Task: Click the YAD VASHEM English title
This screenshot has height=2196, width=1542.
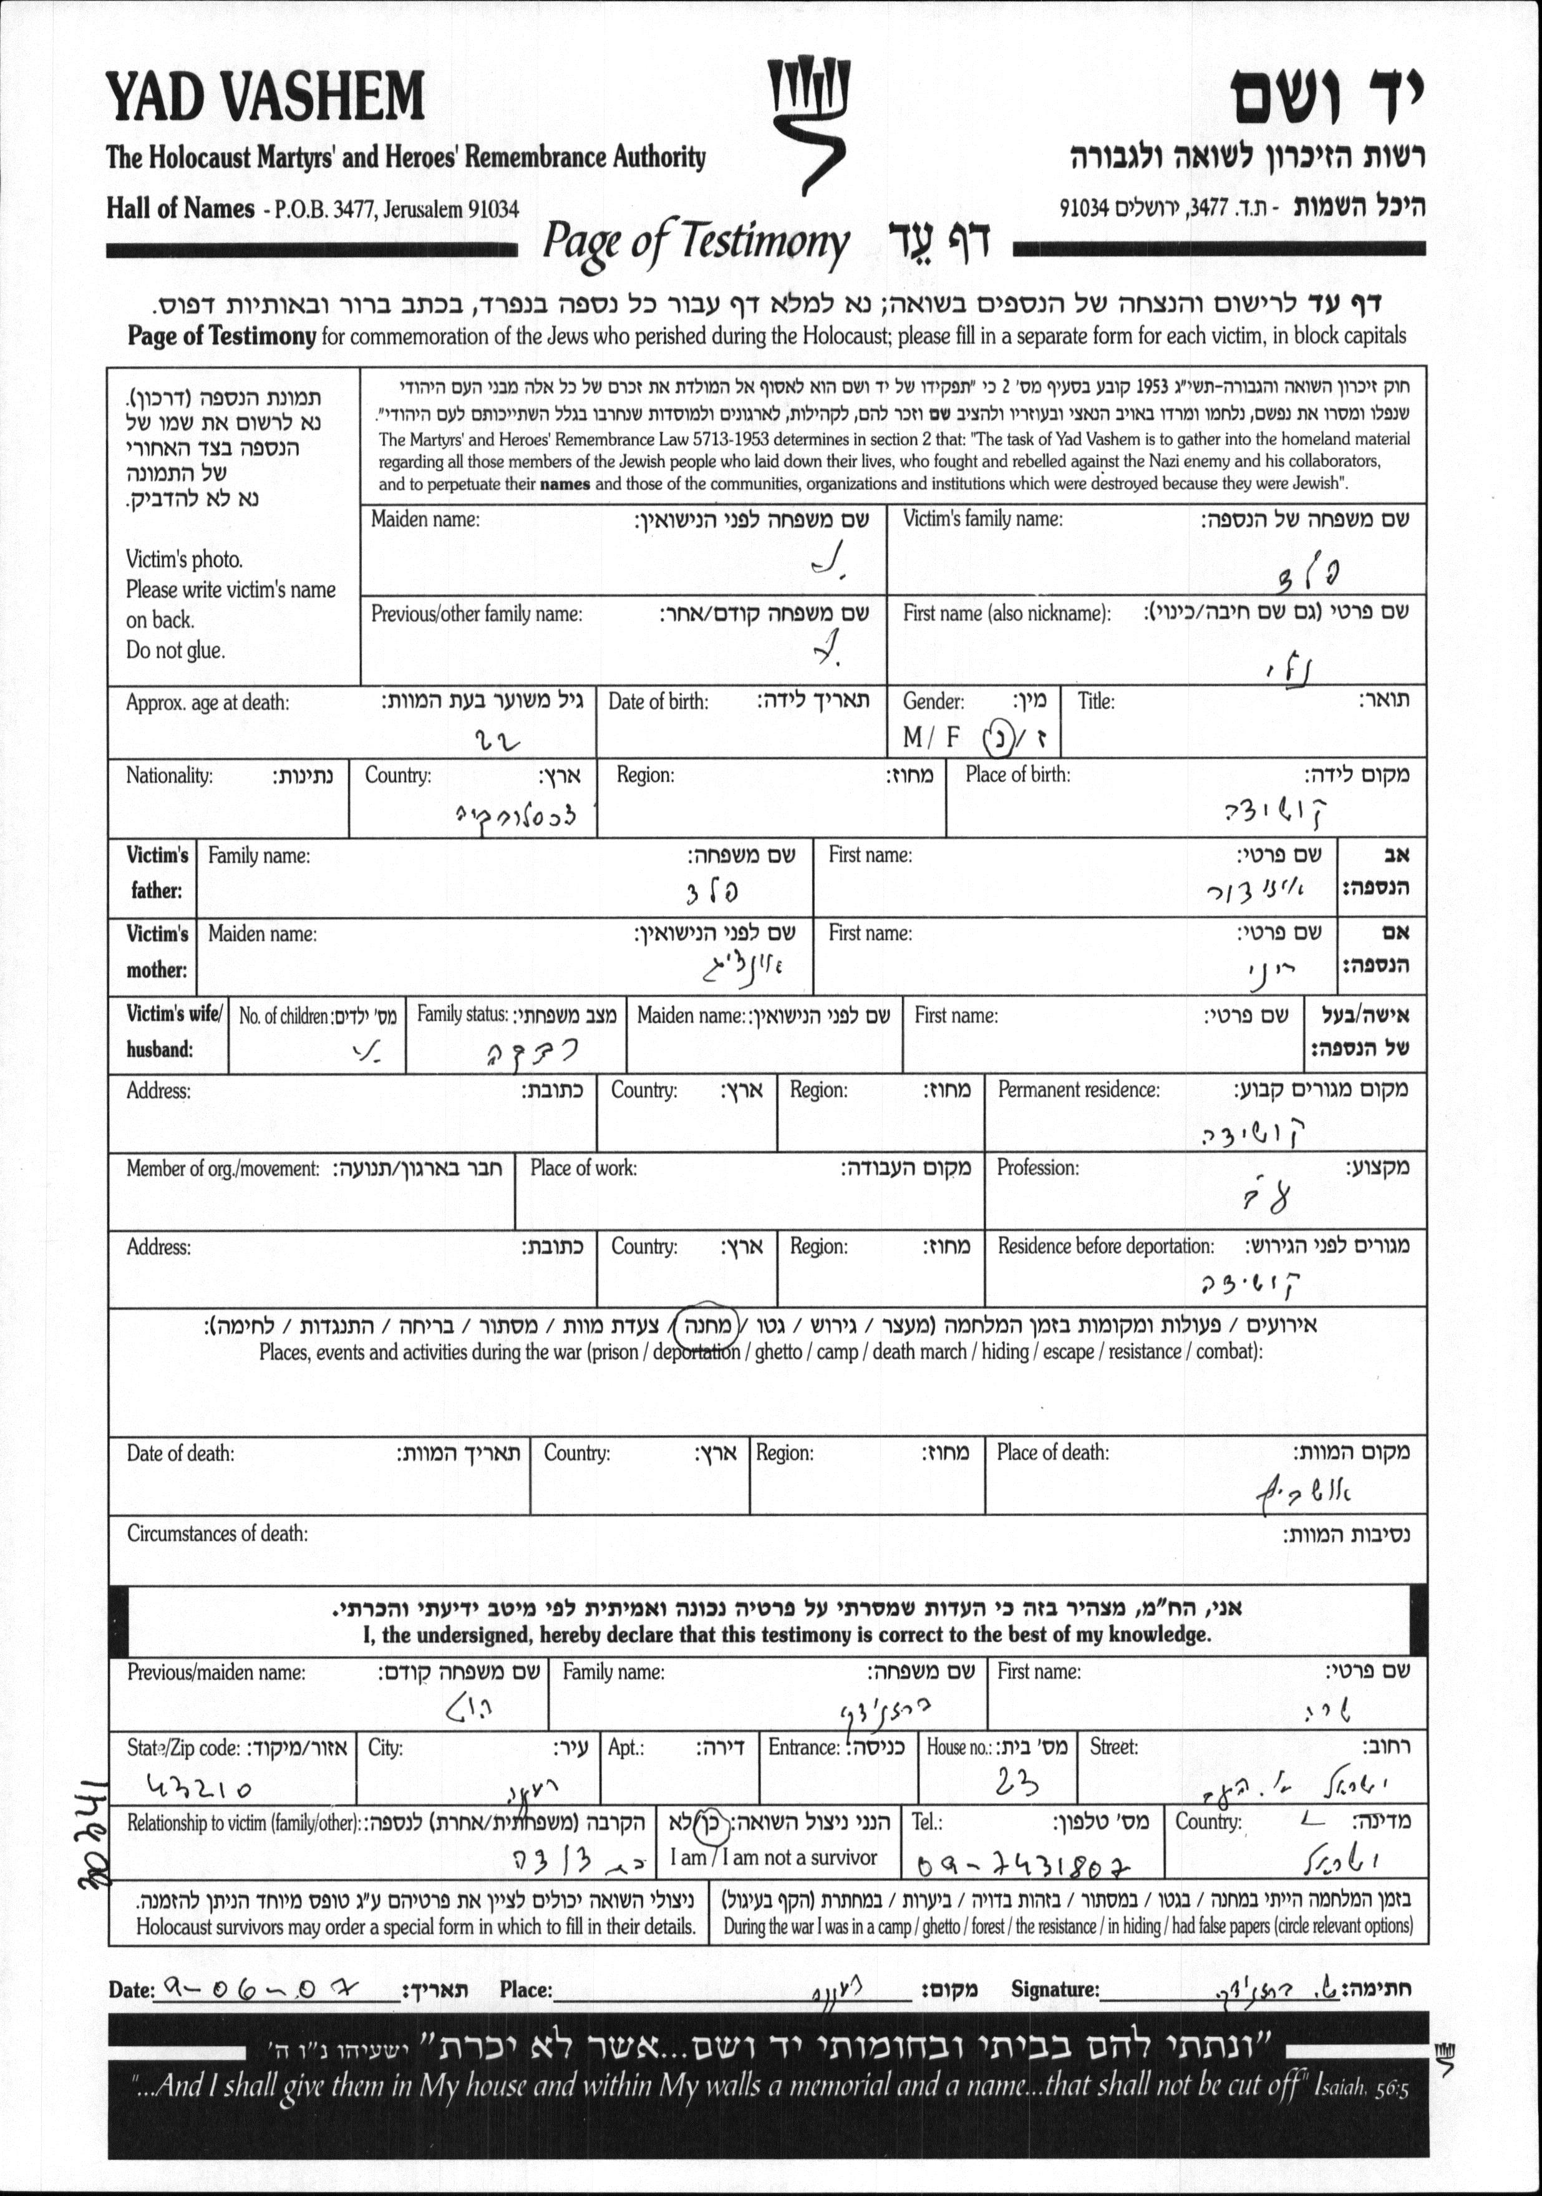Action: point(265,97)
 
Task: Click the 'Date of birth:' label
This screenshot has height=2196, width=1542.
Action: point(658,702)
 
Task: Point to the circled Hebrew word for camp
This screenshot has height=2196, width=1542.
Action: point(706,1326)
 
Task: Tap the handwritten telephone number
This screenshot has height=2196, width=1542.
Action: point(1024,1865)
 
